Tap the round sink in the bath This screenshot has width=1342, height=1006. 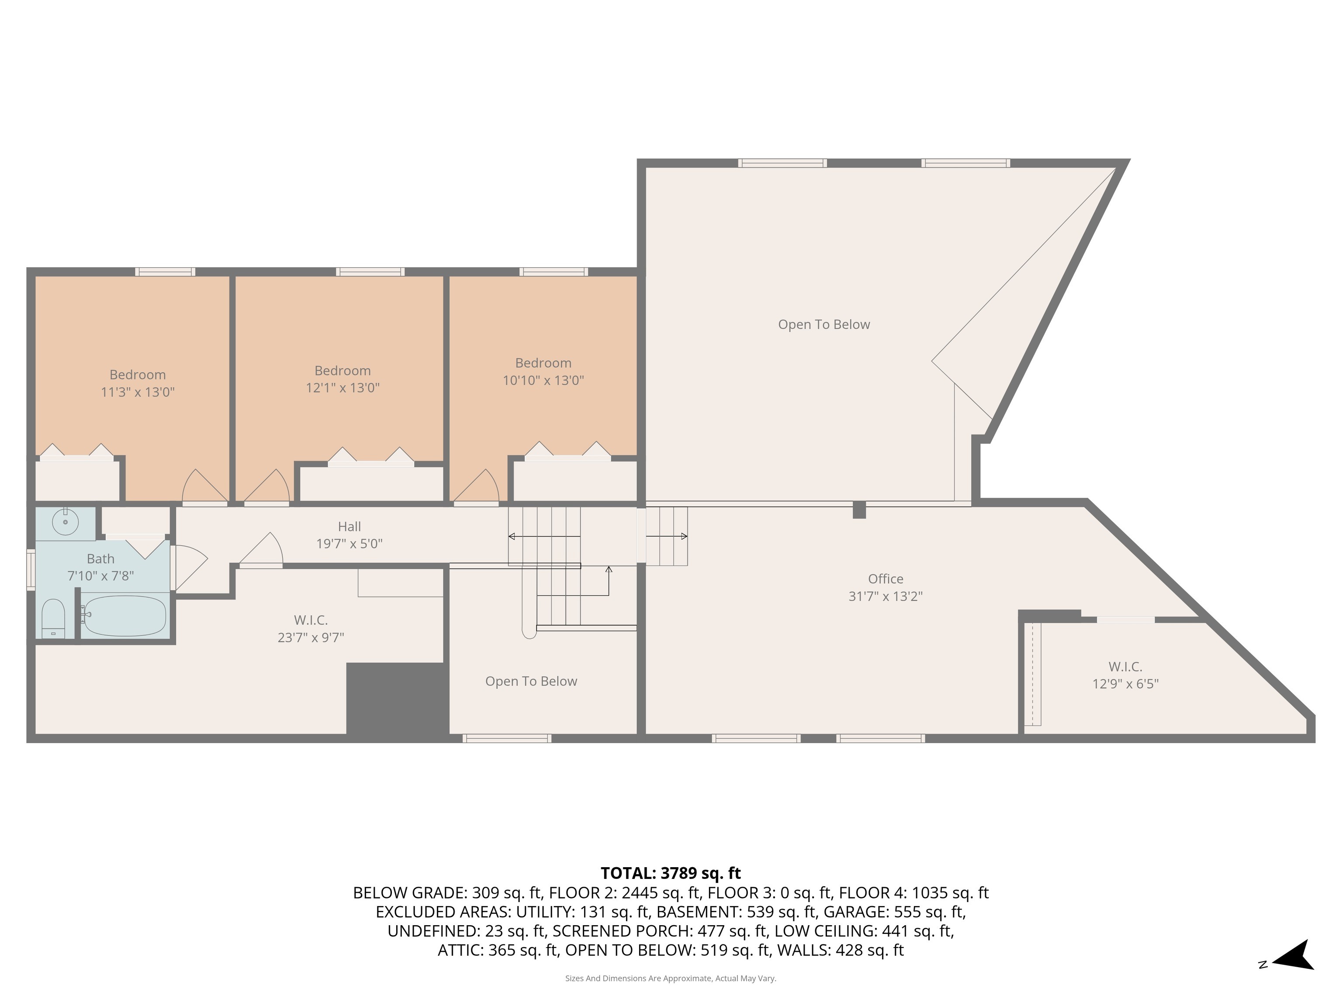click(65, 521)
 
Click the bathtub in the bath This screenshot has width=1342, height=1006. click(124, 616)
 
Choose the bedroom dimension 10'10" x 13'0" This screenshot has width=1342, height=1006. click(543, 381)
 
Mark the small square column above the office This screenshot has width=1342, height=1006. click(859, 510)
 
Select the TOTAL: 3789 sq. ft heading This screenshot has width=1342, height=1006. click(671, 873)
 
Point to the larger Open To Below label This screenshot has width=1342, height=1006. click(824, 325)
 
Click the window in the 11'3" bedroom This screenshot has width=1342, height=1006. click(165, 272)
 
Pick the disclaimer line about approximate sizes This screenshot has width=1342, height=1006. click(671, 978)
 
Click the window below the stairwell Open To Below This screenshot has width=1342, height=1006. click(507, 738)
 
